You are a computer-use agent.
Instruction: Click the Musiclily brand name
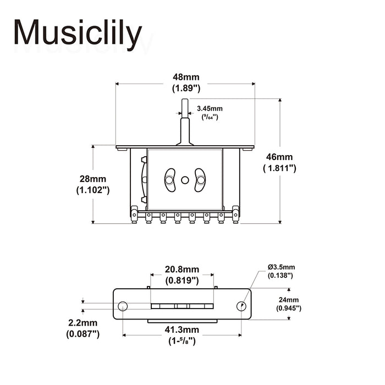(x=78, y=34)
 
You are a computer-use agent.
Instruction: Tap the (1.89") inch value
(x=185, y=89)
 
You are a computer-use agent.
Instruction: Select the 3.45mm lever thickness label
(x=210, y=108)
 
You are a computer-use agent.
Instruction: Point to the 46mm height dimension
(x=279, y=157)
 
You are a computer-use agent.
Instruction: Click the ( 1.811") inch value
(x=279, y=168)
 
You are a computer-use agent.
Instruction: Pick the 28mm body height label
(x=92, y=179)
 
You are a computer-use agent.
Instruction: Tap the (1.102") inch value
(x=92, y=190)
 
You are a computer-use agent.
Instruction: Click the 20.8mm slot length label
(x=182, y=269)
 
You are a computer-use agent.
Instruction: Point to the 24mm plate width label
(x=289, y=300)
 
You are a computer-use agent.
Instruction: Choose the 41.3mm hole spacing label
(x=182, y=330)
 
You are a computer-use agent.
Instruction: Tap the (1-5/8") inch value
(x=182, y=341)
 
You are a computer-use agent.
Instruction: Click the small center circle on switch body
(x=185, y=180)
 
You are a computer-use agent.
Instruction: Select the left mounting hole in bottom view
(x=123, y=306)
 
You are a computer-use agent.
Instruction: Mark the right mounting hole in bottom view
(x=241, y=306)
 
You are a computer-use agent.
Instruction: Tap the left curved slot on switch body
(x=170, y=180)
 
